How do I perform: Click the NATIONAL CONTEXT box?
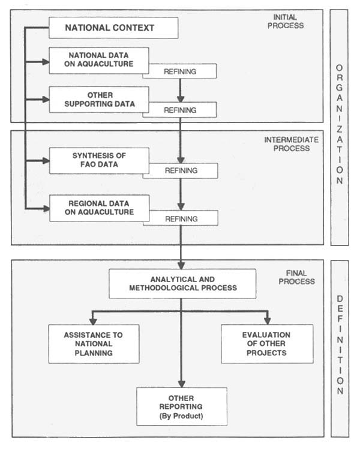click(x=113, y=28)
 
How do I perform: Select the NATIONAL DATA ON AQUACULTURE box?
click(x=99, y=61)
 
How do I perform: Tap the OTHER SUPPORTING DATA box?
click(x=99, y=99)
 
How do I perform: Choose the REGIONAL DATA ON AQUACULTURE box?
click(x=99, y=208)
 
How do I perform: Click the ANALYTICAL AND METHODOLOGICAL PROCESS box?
click(x=182, y=283)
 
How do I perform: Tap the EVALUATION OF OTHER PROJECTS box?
click(x=266, y=344)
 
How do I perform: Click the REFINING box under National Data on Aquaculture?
click(x=181, y=71)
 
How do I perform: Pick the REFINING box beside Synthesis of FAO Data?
click(x=181, y=171)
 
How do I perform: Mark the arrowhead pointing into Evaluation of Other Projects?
click(x=267, y=320)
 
